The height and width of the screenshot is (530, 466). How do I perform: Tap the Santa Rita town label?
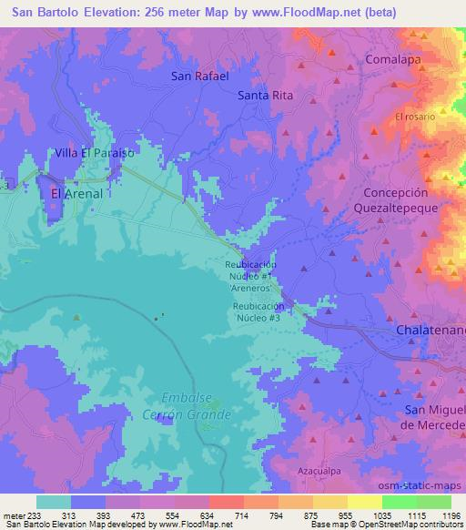click(x=263, y=95)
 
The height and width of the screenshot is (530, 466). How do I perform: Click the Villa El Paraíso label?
click(x=94, y=153)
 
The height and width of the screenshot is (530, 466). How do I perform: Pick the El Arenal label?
click(x=76, y=194)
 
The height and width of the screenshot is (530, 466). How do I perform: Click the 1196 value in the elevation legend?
click(x=450, y=515)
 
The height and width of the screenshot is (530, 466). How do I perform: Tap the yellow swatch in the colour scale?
click(x=364, y=502)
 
